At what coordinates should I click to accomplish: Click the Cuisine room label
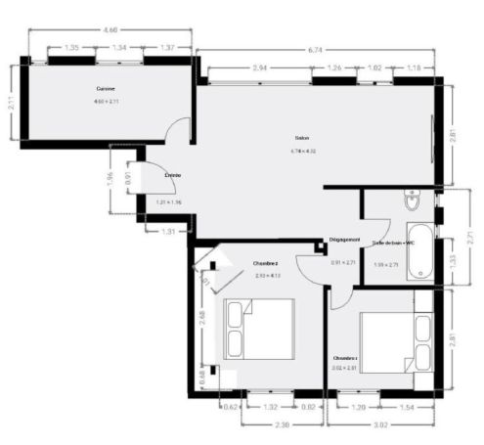click(x=106, y=89)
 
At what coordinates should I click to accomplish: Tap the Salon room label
click(x=302, y=138)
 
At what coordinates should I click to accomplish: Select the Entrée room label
click(x=172, y=174)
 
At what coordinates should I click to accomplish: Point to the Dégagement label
click(x=344, y=240)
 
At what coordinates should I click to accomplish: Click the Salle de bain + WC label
click(x=393, y=243)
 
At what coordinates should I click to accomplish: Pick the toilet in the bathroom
click(x=412, y=203)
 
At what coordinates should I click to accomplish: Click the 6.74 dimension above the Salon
click(x=315, y=48)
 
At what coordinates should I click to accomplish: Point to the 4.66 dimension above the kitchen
click(x=111, y=31)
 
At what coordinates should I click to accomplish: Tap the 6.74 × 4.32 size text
click(x=303, y=152)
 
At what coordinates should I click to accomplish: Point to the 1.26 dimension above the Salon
click(x=333, y=68)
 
